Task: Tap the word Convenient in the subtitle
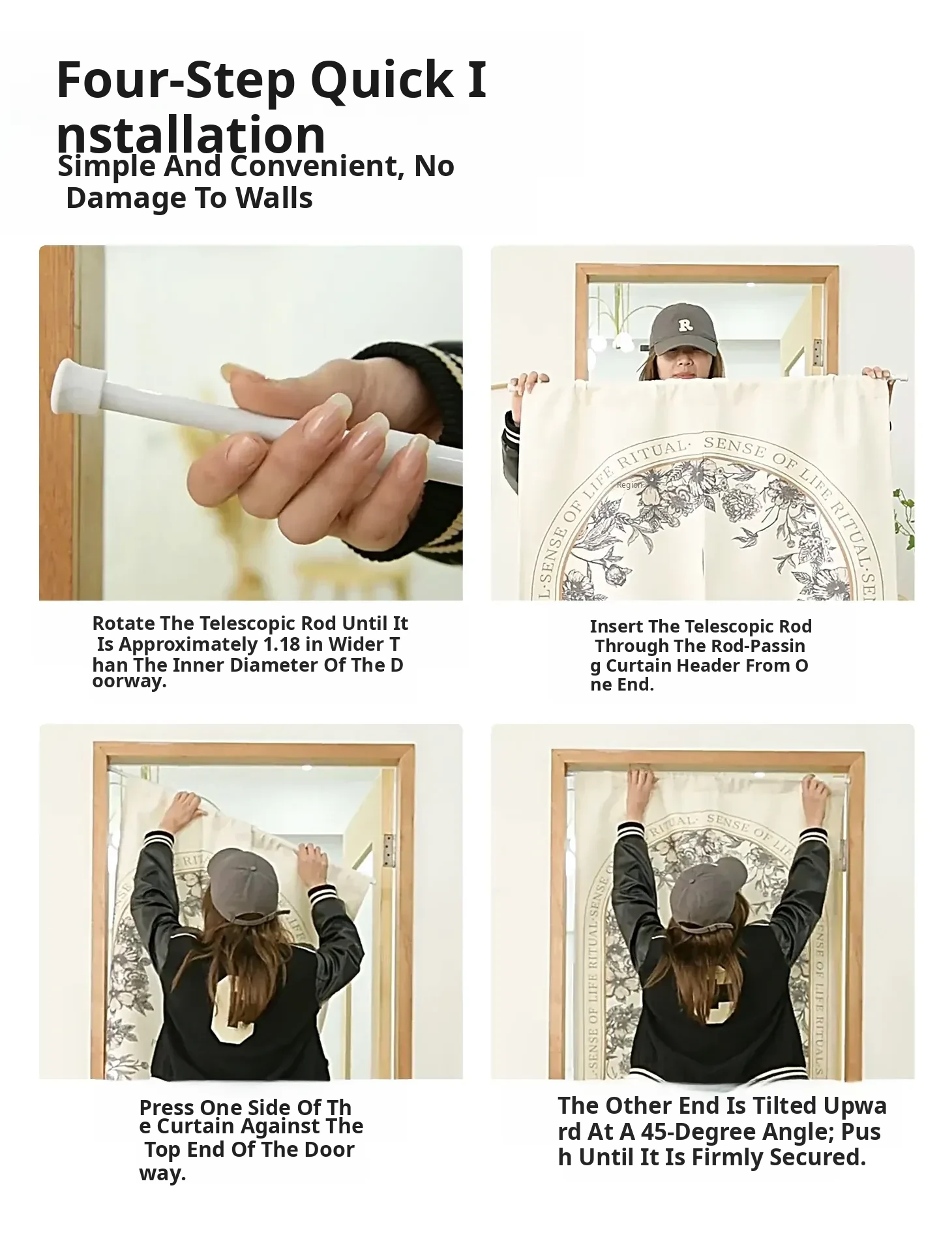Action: (x=314, y=166)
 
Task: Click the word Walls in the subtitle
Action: (x=274, y=198)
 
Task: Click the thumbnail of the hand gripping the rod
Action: (x=251, y=423)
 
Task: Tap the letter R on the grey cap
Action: (x=685, y=324)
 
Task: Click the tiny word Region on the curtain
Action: (x=629, y=485)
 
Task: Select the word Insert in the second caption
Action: (x=617, y=627)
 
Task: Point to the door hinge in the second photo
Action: (x=817, y=352)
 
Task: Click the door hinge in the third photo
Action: (x=389, y=850)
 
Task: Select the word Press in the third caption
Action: (x=167, y=1108)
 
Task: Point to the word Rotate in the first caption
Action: (x=124, y=623)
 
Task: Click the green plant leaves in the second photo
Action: (x=904, y=518)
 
